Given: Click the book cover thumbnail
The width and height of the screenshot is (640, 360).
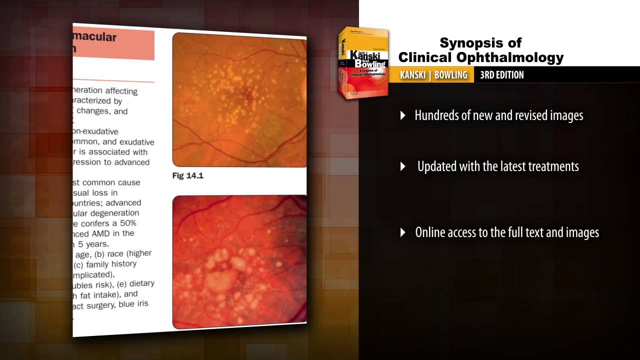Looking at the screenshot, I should coord(363,62).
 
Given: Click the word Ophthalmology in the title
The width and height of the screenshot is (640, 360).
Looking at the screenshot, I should coord(517,57).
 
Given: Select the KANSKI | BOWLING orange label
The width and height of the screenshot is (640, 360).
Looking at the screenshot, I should coord(433,75).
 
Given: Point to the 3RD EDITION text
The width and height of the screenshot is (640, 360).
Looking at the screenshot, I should coord(501,75).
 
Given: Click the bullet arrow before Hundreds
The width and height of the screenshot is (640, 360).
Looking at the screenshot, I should coord(403,115).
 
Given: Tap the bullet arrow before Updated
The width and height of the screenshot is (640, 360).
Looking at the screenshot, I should coord(403,166).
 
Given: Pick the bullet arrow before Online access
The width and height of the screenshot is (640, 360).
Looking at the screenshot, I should coord(403,232).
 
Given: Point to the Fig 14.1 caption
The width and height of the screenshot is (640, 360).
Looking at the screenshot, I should coord(187,175).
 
